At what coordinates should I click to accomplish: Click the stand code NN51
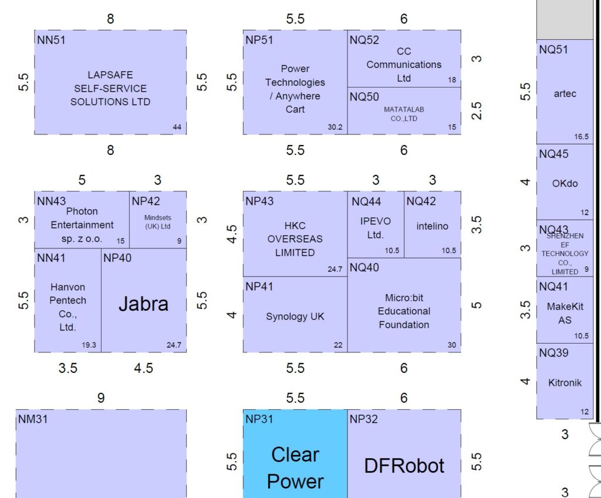point(50,40)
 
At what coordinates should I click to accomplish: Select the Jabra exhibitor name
point(143,304)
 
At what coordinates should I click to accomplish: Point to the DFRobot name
point(404,466)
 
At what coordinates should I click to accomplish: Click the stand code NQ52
point(364,40)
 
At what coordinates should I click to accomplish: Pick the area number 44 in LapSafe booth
point(177,127)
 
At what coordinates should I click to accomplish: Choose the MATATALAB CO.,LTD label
point(404,114)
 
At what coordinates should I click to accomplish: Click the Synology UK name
point(295,317)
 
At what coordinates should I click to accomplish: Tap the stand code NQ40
point(364,268)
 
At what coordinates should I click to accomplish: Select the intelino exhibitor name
point(433,226)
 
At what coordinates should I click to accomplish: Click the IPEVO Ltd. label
point(375,228)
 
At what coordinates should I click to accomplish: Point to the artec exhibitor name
point(565,94)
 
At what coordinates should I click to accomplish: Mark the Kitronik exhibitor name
point(565,383)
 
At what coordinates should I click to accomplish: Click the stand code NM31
point(33,419)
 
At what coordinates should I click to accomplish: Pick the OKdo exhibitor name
point(565,183)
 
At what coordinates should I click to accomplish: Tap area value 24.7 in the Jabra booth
point(177,345)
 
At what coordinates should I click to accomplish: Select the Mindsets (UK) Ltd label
point(157,221)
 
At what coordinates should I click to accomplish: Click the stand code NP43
point(259,201)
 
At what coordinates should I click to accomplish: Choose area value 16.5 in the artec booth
point(581,137)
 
